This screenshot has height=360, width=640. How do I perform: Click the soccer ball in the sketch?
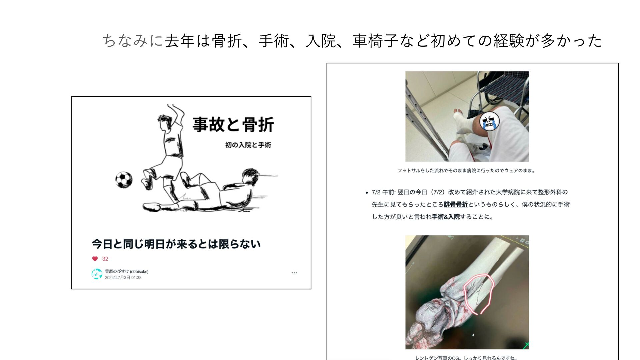(124, 180)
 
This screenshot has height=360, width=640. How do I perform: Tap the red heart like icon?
(95, 259)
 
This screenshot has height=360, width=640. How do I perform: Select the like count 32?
(105, 259)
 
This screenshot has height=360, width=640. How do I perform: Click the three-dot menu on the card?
(294, 273)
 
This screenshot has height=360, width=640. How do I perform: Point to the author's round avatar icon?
(97, 274)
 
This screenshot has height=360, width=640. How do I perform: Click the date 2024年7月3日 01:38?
(123, 277)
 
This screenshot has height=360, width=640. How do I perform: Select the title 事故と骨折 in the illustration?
(233, 125)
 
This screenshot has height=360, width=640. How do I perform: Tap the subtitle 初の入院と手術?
(248, 145)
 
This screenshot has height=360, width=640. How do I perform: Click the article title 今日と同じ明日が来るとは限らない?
(176, 244)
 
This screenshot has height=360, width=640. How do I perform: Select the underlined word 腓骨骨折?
(456, 205)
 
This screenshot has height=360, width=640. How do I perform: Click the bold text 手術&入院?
(446, 217)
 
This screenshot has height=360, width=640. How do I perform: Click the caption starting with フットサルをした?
(466, 171)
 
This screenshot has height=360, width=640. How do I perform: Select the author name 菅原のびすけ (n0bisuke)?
(127, 271)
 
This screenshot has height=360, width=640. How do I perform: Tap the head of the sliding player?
(251, 177)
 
